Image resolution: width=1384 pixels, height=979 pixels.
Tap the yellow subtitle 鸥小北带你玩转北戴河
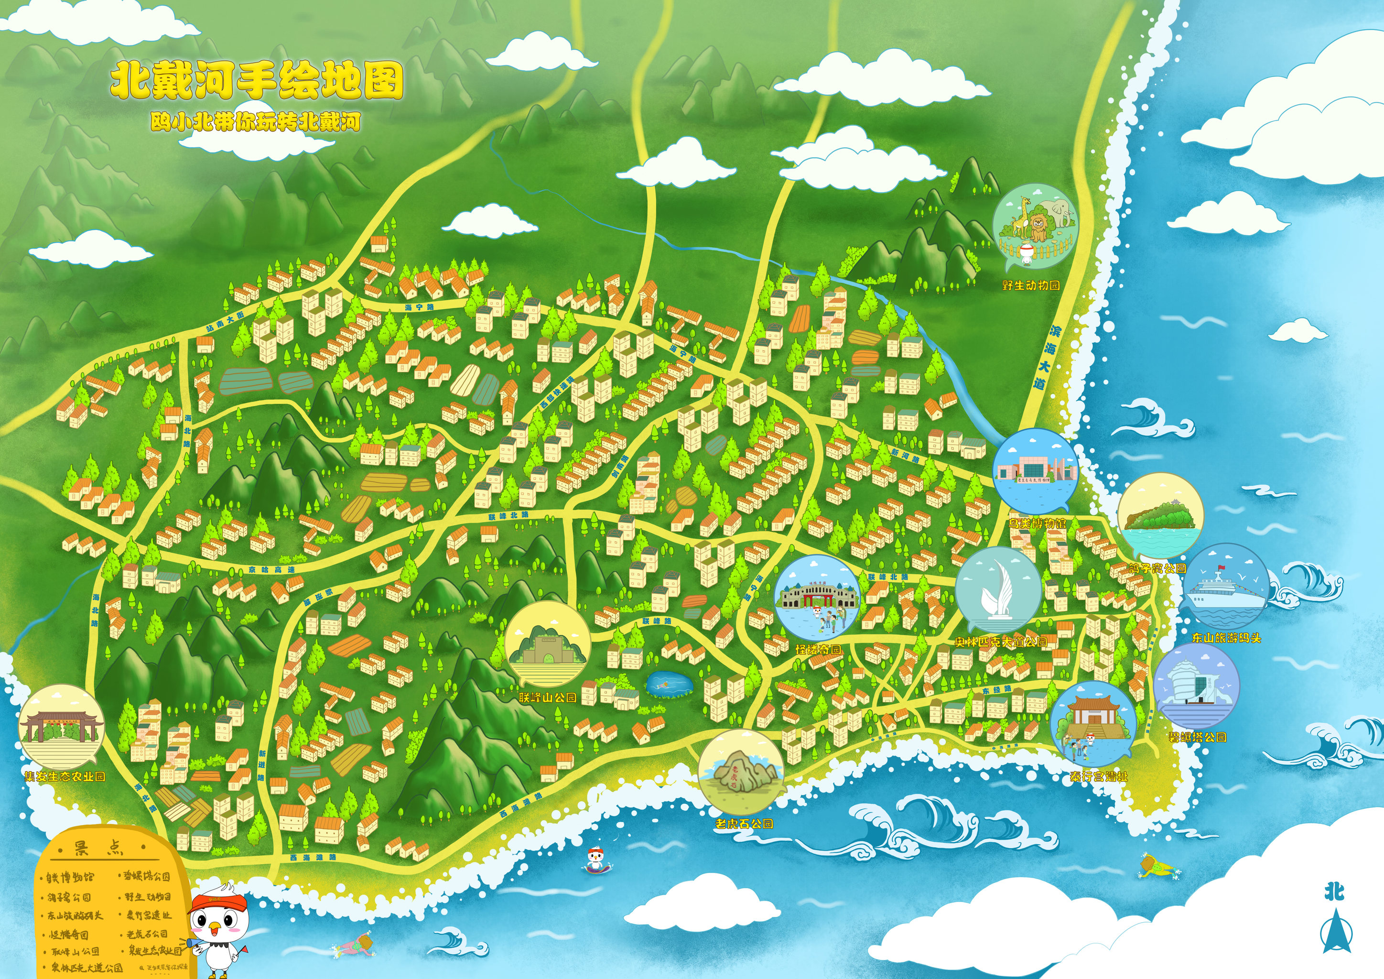click(256, 122)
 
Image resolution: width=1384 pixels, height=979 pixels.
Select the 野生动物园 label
click(1031, 285)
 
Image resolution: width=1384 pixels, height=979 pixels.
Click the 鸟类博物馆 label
click(1037, 522)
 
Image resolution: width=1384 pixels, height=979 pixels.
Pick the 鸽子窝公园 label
click(1157, 568)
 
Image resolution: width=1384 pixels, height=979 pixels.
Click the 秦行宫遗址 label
click(1098, 776)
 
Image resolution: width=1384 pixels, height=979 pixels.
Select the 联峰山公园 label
click(547, 697)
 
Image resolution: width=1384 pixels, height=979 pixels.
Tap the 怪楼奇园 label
click(817, 649)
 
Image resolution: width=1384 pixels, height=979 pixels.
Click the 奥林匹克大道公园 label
click(1001, 642)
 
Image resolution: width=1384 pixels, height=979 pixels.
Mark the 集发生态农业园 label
click(65, 776)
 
